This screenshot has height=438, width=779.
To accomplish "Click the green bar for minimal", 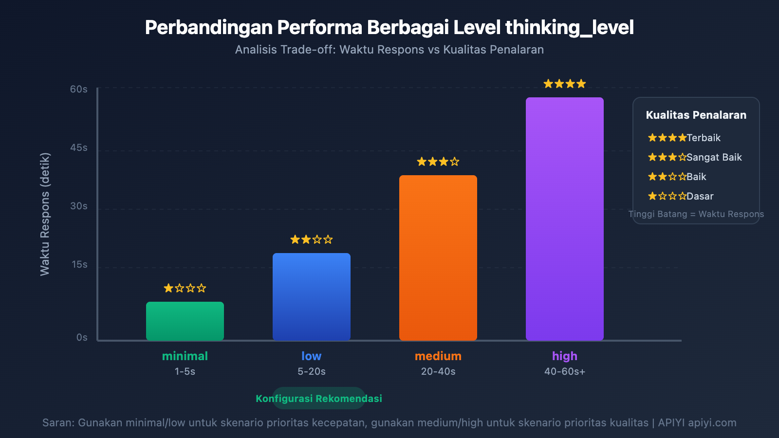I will click(185, 321).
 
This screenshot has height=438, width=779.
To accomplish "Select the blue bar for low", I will click(312, 296).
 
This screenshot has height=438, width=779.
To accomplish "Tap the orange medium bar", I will click(438, 257).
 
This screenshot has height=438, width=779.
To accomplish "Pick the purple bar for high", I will click(565, 219).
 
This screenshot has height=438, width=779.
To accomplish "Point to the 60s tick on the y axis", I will click(79, 89).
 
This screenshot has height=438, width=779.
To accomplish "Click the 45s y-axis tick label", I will click(79, 147).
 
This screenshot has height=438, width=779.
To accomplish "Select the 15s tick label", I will click(79, 264).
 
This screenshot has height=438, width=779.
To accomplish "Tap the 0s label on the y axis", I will click(82, 337).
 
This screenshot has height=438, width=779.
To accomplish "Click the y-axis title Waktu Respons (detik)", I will click(45, 214).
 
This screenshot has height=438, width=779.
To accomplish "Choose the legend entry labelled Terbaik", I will click(703, 138).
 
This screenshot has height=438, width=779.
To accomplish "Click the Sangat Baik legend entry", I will click(714, 157).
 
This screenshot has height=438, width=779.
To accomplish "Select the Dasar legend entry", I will click(700, 196).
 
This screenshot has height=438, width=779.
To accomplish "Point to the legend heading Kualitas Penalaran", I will click(696, 115).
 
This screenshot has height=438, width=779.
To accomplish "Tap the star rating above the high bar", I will click(565, 84).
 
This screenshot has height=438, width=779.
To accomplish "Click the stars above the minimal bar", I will click(185, 288).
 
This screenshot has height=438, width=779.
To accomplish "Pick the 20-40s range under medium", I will click(438, 371).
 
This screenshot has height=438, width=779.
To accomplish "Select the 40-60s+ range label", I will click(565, 371).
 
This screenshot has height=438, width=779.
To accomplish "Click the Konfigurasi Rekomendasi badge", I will click(319, 399).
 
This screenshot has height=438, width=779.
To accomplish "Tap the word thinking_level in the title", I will click(569, 28).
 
